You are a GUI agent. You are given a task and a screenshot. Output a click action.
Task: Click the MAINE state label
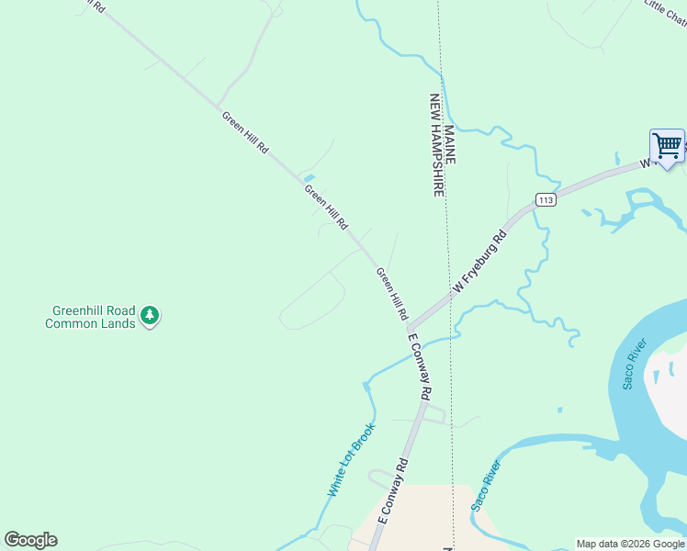pos(449,145)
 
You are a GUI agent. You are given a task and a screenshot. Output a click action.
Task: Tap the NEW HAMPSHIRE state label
pos(437,145)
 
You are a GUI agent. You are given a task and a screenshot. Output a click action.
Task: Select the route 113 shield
pos(546,200)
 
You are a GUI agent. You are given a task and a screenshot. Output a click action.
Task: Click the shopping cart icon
pos(667,145)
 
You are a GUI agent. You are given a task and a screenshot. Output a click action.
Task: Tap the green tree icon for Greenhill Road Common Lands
pos(150,316)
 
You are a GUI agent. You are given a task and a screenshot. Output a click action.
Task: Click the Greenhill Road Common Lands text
pos(90,317)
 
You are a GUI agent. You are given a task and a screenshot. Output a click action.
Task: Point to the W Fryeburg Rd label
pos(479,263)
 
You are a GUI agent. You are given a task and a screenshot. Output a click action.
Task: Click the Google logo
pos(30,540)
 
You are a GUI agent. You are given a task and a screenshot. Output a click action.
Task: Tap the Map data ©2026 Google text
pos(630,544)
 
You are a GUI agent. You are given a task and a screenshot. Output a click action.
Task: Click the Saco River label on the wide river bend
pos(635,364)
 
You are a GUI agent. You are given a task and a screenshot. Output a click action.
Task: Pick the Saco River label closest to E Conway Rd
pos(486,485)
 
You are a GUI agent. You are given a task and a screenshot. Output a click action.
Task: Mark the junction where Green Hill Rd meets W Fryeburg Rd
pos(409,328)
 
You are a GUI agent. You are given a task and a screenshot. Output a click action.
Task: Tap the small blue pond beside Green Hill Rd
pos(309,177)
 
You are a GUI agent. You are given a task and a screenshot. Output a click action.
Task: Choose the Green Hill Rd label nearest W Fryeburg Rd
pos(391,293)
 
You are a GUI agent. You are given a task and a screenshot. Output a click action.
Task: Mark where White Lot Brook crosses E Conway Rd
pos(424,342)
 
